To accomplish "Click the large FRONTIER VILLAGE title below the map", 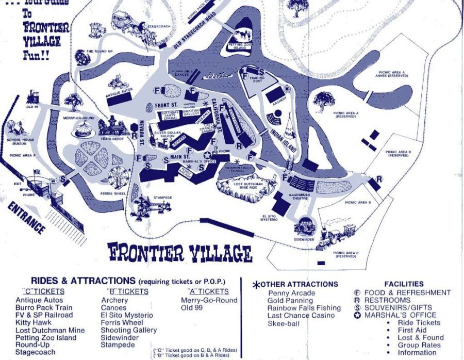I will (x=180, y=253).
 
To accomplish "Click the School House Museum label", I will (x=20, y=142).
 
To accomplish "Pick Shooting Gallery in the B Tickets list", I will (x=129, y=330).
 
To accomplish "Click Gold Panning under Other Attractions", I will (x=290, y=300).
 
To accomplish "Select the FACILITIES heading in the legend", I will (x=404, y=284).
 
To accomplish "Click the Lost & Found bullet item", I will (x=421, y=337).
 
